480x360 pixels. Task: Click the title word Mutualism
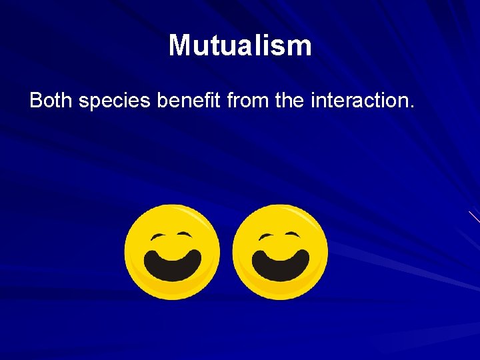[240, 45]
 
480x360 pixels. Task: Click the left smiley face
[172, 252]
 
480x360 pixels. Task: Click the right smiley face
[280, 252]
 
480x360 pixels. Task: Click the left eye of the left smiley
[158, 237]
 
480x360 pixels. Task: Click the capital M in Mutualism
[180, 45]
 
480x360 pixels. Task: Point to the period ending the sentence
[412, 107]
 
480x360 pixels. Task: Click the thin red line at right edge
[474, 217]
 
